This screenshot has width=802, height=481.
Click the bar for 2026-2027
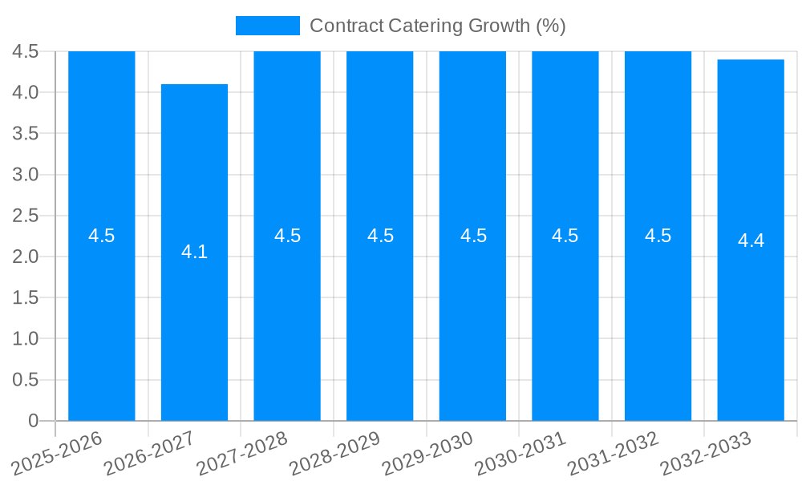click(x=194, y=321)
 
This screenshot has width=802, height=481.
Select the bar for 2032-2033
click(x=751, y=321)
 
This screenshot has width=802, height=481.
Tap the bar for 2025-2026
click(x=102, y=321)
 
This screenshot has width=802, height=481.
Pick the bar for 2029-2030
click(x=472, y=321)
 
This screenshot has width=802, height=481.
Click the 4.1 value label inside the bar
click(x=194, y=252)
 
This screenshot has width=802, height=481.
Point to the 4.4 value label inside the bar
click(x=751, y=240)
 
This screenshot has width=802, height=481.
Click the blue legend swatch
click(x=267, y=26)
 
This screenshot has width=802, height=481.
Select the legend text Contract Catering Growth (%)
click(x=437, y=26)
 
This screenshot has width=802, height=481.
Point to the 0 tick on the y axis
click(x=33, y=421)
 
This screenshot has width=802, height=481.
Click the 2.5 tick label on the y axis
click(x=26, y=216)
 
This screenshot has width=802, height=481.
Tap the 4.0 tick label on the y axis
click(x=26, y=92)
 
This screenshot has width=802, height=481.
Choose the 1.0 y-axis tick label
click(x=26, y=338)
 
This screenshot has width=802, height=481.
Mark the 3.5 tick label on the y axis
click(x=26, y=133)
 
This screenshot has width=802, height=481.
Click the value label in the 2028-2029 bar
click(x=380, y=236)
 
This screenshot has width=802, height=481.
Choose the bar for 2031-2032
click(x=658, y=321)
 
